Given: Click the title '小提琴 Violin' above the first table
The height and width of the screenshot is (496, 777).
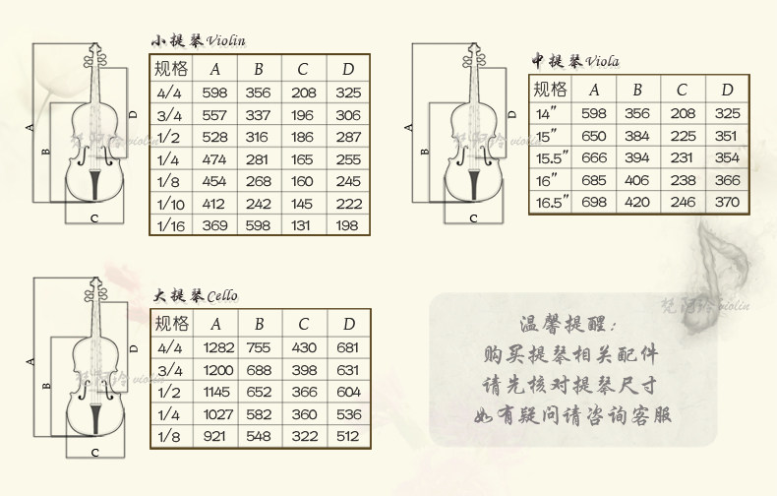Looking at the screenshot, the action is [x=197, y=40].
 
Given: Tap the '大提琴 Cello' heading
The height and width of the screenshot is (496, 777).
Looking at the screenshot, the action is [x=195, y=295].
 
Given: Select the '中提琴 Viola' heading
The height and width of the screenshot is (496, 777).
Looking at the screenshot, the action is [x=575, y=61].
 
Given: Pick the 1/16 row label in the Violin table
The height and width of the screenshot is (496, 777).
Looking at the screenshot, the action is [x=170, y=225].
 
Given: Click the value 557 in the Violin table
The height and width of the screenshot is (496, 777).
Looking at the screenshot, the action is [x=215, y=114].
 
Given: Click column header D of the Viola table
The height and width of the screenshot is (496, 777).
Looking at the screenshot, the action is [x=728, y=90].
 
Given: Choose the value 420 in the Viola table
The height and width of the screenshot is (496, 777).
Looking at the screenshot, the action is [x=637, y=202].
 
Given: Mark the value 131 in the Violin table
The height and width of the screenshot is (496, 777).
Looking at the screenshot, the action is [x=304, y=225].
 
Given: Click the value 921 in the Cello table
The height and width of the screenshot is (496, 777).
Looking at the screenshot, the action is [x=216, y=436].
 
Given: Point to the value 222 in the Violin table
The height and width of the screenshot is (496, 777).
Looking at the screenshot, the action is [x=348, y=204].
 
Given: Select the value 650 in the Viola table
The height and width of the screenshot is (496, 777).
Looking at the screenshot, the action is [x=594, y=136].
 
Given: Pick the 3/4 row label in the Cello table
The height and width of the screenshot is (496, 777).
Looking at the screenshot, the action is [x=170, y=369].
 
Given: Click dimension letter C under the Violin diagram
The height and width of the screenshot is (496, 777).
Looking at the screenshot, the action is [x=94, y=217].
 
